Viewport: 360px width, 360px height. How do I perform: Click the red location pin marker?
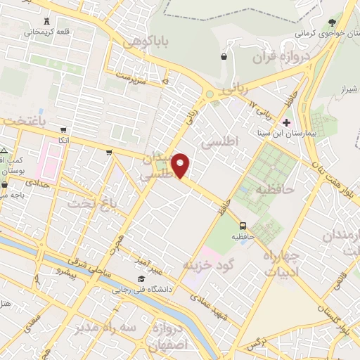tap(181, 165)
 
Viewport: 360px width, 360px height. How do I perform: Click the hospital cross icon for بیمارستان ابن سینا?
tap(287, 123)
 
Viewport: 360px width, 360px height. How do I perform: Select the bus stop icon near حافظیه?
tap(243, 226)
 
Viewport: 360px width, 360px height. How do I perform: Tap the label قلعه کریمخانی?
tap(47, 32)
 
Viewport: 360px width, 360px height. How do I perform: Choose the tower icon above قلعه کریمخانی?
tap(47, 21)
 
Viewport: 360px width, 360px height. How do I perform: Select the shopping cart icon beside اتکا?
tap(63, 130)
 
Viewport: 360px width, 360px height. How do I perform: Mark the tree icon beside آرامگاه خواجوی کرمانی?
tap(332, 22)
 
